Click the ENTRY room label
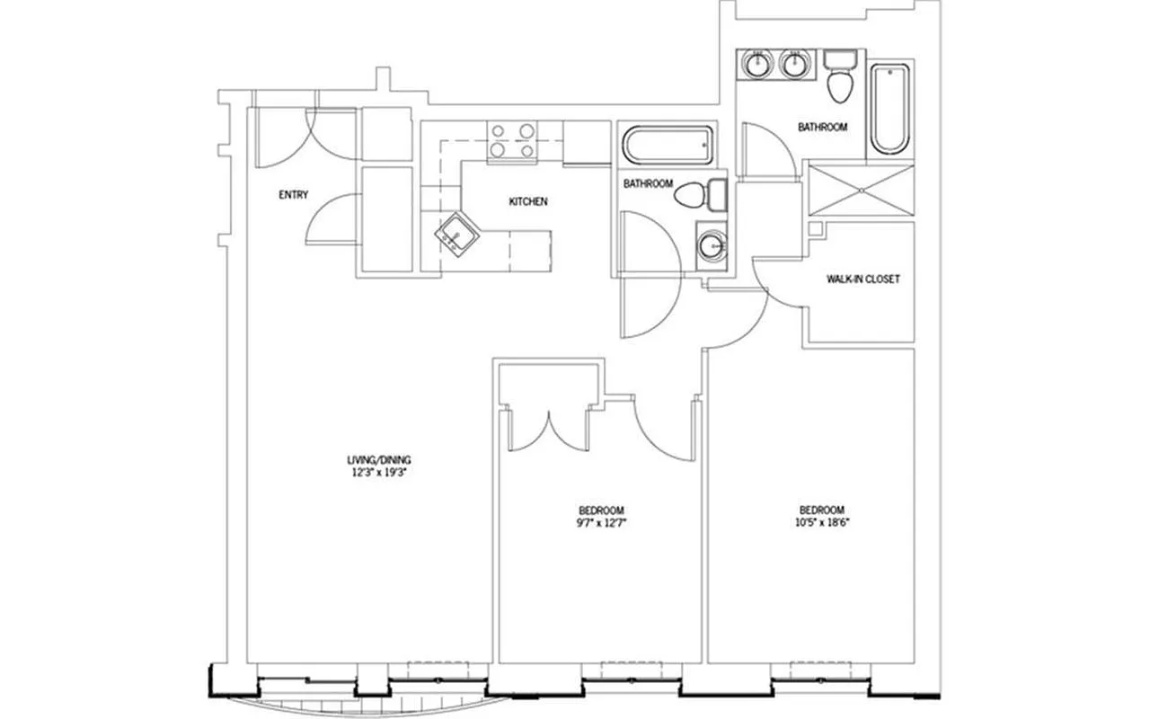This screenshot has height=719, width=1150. point(293,194)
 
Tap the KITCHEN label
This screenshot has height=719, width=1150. point(527,202)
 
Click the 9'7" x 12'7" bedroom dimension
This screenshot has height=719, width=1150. point(601,522)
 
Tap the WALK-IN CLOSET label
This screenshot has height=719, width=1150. point(862,280)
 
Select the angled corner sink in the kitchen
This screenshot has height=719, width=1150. point(456,235)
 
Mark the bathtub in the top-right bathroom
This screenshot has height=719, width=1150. point(890,109)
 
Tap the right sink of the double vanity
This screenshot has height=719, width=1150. point(793,65)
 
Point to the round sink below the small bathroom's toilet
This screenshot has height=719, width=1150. point(713,244)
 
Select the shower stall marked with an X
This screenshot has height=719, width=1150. point(860,190)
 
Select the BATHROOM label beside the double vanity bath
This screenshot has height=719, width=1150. point(822,128)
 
